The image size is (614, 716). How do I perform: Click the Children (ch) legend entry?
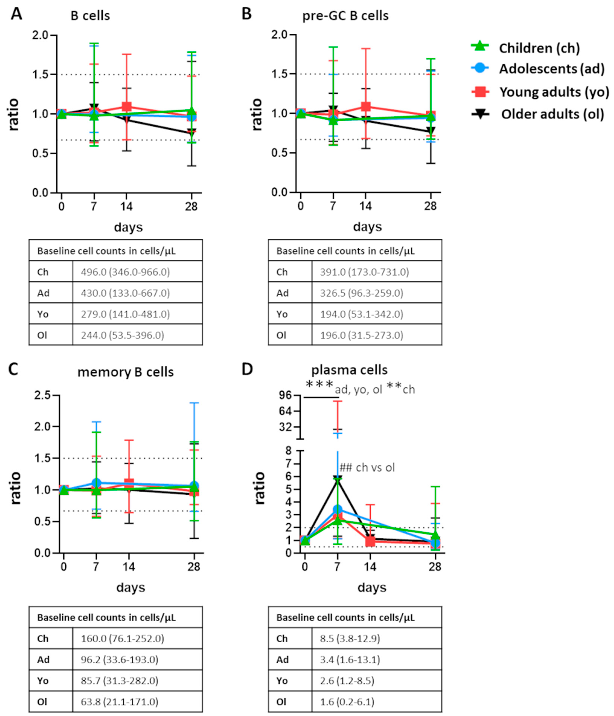[x=539, y=48]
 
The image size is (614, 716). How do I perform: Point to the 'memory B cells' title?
[x=125, y=372]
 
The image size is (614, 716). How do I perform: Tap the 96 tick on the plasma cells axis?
[x=287, y=395]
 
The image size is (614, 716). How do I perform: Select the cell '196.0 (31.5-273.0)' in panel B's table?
[x=361, y=335]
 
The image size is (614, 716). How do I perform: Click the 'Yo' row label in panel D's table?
[x=282, y=681]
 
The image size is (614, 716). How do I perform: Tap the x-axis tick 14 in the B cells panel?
[x=126, y=207]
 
